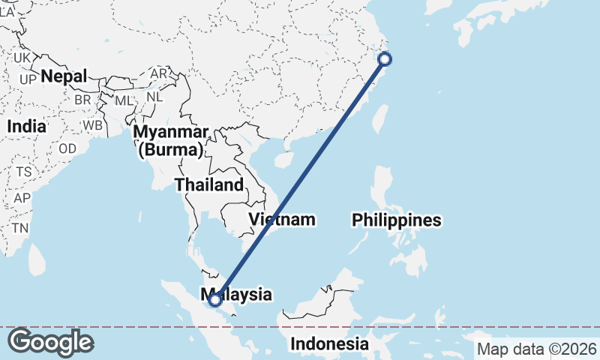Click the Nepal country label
pyautogui.click(x=64, y=76)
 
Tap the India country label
pyautogui.click(x=26, y=127)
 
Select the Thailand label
pyautogui.click(x=208, y=184)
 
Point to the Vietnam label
pyautogui.click(x=282, y=220)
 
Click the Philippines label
pyautogui.click(x=396, y=220)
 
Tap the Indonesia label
pyautogui.click(x=330, y=344)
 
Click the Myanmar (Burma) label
pyautogui.click(x=171, y=141)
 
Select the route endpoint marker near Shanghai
pyautogui.click(x=385, y=59)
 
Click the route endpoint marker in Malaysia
pyautogui.click(x=215, y=300)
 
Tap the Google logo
pyautogui.click(x=50, y=342)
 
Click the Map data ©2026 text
pyautogui.click(x=537, y=349)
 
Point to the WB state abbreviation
pyautogui.click(x=93, y=124)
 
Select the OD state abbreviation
pyautogui.click(x=67, y=148)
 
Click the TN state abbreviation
pyautogui.click(x=19, y=228)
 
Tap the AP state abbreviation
pyautogui.click(x=22, y=198)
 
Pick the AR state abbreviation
pyautogui.click(x=159, y=74)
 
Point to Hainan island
pyautogui.click(x=283, y=159)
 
